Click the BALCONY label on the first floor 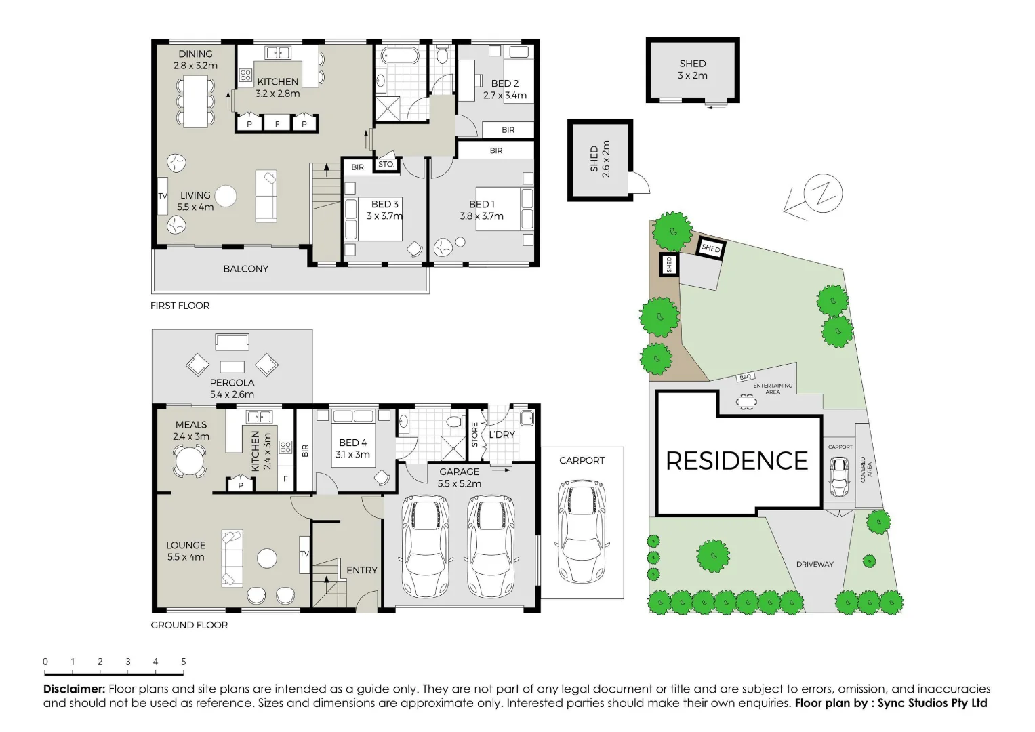pyautogui.click(x=245, y=269)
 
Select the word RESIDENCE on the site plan pyautogui.click(x=737, y=461)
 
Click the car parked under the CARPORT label pyautogui.click(x=582, y=531)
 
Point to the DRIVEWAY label pyautogui.click(x=815, y=564)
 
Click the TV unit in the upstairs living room pyautogui.click(x=163, y=196)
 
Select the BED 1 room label pyautogui.click(x=482, y=204)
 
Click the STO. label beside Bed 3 pyautogui.click(x=386, y=165)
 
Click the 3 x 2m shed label pyautogui.click(x=692, y=69)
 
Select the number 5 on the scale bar pyautogui.click(x=183, y=662)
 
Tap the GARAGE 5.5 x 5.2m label pyautogui.click(x=459, y=477)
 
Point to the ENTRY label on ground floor pyautogui.click(x=361, y=570)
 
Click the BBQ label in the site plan pyautogui.click(x=746, y=377)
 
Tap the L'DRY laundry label pyautogui.click(x=502, y=434)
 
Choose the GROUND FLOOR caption pyautogui.click(x=189, y=625)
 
